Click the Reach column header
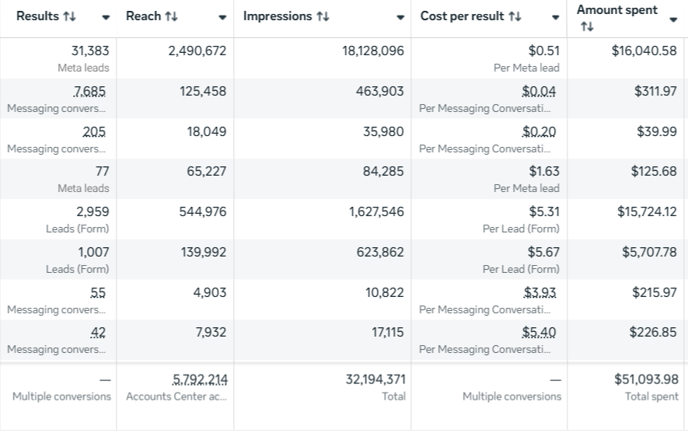[144, 16]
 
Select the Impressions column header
[278, 16]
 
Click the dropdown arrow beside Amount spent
[673, 20]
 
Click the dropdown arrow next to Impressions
[400, 18]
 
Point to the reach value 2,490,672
[197, 51]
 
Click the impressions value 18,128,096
[372, 51]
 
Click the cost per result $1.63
[543, 171]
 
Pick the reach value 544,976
[202, 211]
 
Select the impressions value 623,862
[376, 252]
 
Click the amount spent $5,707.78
[649, 252]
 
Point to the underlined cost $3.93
[540, 292]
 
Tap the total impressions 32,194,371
[375, 379]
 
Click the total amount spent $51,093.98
[647, 379]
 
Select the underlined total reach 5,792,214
[200, 379]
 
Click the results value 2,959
[93, 211]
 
